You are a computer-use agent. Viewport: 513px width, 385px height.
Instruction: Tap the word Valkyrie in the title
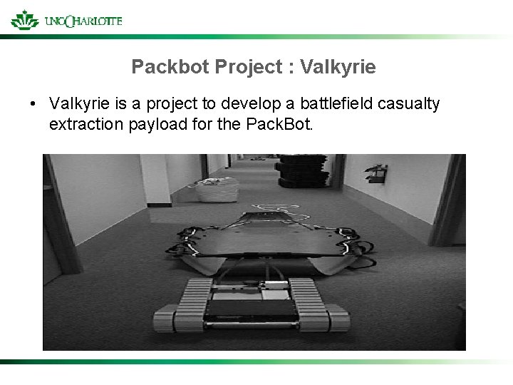click(338, 68)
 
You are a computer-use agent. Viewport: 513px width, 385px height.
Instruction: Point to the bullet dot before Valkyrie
click(33, 105)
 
